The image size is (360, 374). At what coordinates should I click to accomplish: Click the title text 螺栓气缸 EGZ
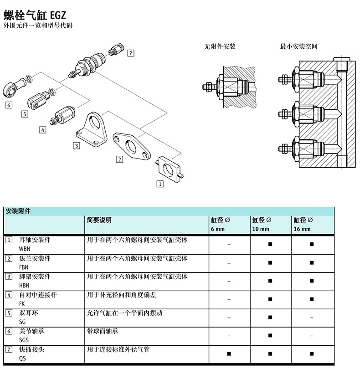point(35,15)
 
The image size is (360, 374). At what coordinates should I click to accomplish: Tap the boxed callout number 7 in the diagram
point(130,53)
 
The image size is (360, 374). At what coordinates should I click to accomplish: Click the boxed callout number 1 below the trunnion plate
point(160,184)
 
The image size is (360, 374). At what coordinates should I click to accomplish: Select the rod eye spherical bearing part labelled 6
point(14,88)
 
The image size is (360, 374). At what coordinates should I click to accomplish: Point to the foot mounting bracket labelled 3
point(92,129)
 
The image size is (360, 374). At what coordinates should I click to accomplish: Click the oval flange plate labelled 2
point(131,146)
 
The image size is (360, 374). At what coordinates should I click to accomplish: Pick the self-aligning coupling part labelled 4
point(63,115)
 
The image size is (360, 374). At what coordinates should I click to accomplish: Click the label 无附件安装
point(220,46)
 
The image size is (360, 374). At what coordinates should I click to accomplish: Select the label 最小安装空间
point(298,46)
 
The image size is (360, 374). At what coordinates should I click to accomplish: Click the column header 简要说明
point(99,220)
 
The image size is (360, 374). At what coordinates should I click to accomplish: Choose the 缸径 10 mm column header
point(262,224)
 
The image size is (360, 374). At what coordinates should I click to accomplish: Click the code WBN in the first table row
point(25,249)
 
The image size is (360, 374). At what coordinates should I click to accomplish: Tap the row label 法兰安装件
point(35,258)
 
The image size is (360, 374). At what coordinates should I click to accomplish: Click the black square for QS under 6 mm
point(229,354)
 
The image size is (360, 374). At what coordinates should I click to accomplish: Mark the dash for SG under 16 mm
point(312,318)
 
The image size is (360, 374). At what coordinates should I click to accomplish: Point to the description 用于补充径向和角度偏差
point(121,295)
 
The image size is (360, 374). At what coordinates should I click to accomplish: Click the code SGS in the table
point(24,340)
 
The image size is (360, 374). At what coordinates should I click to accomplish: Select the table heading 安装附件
point(18,211)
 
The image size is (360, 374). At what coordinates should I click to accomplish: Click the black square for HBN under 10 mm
point(270,281)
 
